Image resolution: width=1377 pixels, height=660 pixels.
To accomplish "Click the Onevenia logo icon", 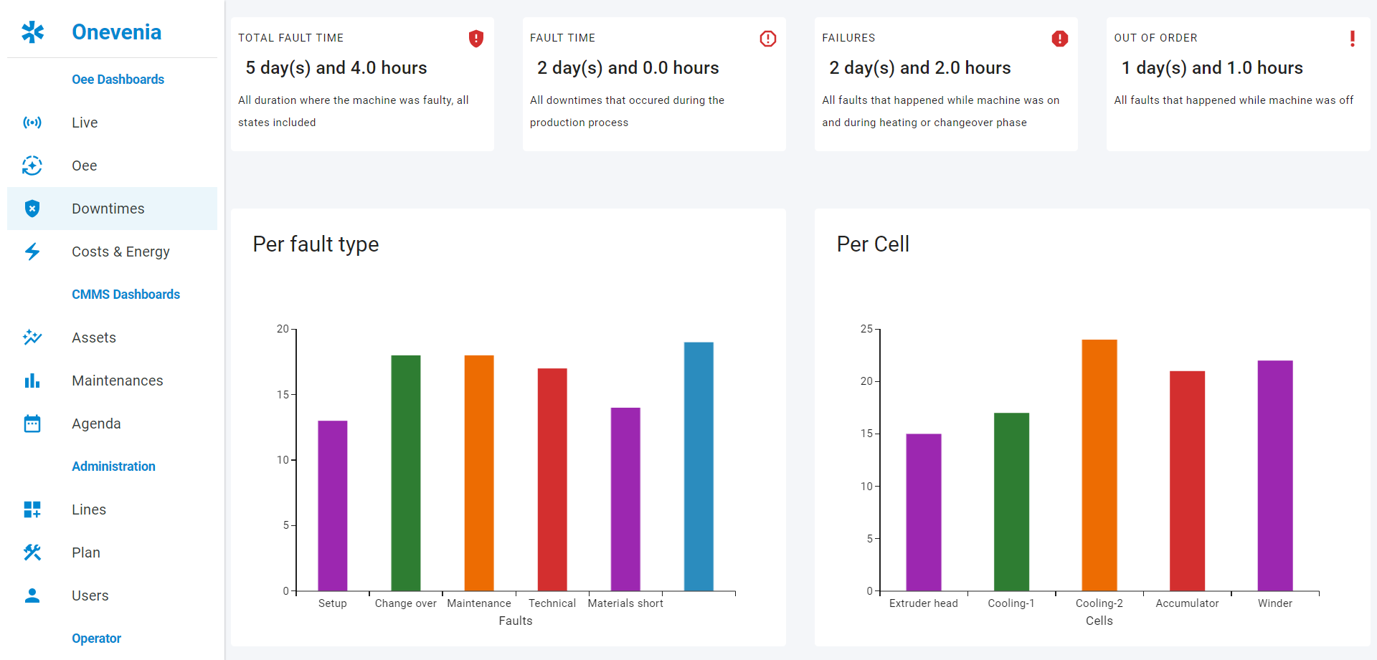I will coord(32,32).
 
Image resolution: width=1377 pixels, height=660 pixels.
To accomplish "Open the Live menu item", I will coord(85,123).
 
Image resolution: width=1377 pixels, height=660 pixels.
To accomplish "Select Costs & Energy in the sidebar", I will coord(120,252).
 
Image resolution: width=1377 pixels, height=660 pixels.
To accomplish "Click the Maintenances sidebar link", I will coord(117,381).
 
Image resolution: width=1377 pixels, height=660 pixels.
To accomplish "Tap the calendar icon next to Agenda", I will coord(32,424).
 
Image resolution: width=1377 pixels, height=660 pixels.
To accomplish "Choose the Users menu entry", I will coord(90,596).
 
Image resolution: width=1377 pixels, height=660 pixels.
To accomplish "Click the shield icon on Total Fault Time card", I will coord(475,39).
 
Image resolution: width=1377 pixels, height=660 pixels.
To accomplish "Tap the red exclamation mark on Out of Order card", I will coord(1352,39).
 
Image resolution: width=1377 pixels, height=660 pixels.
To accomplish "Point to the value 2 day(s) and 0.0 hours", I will coord(628,68).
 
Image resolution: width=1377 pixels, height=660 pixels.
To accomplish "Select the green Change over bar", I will coord(406,473).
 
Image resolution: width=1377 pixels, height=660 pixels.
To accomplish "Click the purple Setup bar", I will coord(333,505).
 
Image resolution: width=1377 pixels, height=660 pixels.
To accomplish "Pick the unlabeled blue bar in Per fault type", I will coord(699,466).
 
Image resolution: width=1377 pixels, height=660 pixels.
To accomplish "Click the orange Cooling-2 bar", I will coord(1099,466).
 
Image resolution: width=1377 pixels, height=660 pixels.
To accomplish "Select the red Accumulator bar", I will coord(1187,480).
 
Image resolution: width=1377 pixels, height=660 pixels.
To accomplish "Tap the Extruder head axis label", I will coord(923,603).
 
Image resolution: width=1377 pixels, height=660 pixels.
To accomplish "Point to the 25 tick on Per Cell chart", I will coord(866,329).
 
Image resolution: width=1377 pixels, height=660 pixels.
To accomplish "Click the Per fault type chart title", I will coord(316,244).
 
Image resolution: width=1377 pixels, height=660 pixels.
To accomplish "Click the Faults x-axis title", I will coord(516,621).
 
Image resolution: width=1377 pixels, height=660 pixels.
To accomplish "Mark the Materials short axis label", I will coord(625,603).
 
